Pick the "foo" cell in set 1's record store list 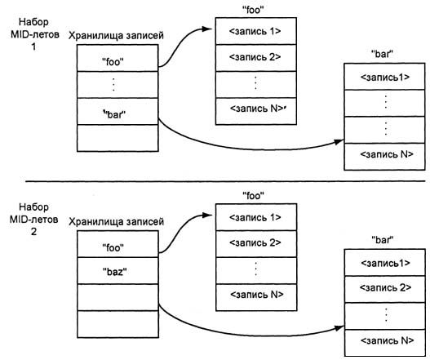[x=113, y=60]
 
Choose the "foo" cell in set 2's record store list [x=113, y=245]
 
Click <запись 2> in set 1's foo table [x=255, y=57]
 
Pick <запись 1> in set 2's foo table [x=255, y=217]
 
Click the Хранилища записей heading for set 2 [x=117, y=221]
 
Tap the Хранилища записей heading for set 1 [x=117, y=37]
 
